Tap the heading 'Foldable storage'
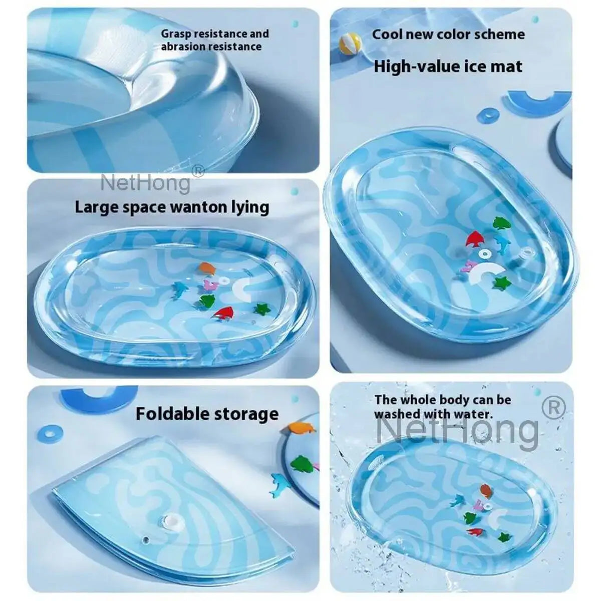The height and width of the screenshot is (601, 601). coord(207,414)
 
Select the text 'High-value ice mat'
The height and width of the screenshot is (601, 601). coord(448,66)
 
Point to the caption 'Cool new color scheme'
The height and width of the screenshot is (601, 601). coord(448,34)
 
